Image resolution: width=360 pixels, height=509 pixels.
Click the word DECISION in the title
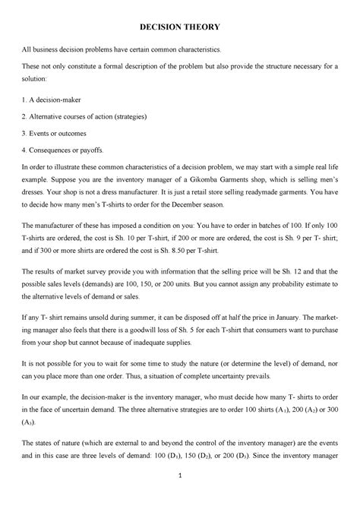pyautogui.click(x=160, y=27)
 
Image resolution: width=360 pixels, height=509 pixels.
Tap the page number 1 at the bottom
pyautogui.click(x=180, y=497)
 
